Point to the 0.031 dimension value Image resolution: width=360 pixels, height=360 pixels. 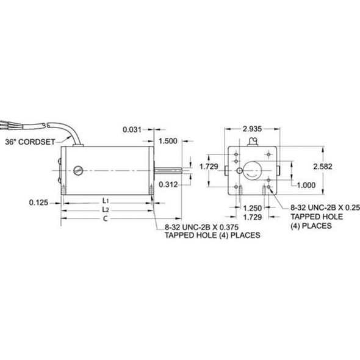pyautogui.click(x=132, y=129)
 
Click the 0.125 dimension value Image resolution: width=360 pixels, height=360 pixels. pyautogui.click(x=38, y=201)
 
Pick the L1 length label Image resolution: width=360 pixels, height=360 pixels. pyautogui.click(x=105, y=201)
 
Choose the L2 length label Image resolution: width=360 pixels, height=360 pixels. pyautogui.click(x=105, y=209)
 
